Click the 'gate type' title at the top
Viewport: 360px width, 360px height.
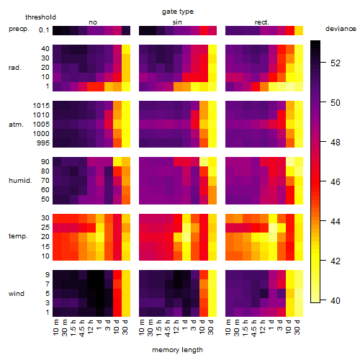pyautogui.click(x=178, y=12)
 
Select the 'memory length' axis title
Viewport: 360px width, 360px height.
pyautogui.click(x=177, y=350)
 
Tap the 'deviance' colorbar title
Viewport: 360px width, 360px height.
pyautogui.click(x=341, y=29)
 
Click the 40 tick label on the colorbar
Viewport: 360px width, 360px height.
pyautogui.click(x=336, y=300)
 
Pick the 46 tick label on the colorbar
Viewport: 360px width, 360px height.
pyautogui.click(x=336, y=181)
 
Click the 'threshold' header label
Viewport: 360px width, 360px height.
pyautogui.click(x=40, y=17)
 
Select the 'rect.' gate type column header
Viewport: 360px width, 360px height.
pyautogui.click(x=261, y=22)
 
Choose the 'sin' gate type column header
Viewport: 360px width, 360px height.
pyautogui.click(x=177, y=22)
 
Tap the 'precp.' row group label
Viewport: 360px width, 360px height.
pyautogui.click(x=19, y=29)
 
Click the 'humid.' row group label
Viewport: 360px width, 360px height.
pyautogui.click(x=20, y=181)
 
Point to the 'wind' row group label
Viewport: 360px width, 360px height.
pyautogui.click(x=17, y=294)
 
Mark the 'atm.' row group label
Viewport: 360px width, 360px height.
pyautogui.click(x=16, y=125)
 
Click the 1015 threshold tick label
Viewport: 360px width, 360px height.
pyautogui.click(x=41, y=106)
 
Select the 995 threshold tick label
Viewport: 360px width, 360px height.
pyautogui.click(x=43, y=143)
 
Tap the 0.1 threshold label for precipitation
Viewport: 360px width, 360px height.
pyautogui.click(x=44, y=30)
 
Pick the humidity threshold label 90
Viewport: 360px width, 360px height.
pyautogui.click(x=45, y=162)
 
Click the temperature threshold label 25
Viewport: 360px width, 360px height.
pyautogui.click(x=45, y=228)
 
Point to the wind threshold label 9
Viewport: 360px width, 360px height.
pyautogui.click(x=48, y=275)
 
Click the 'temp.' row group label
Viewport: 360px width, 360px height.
pyautogui.click(x=18, y=236)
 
